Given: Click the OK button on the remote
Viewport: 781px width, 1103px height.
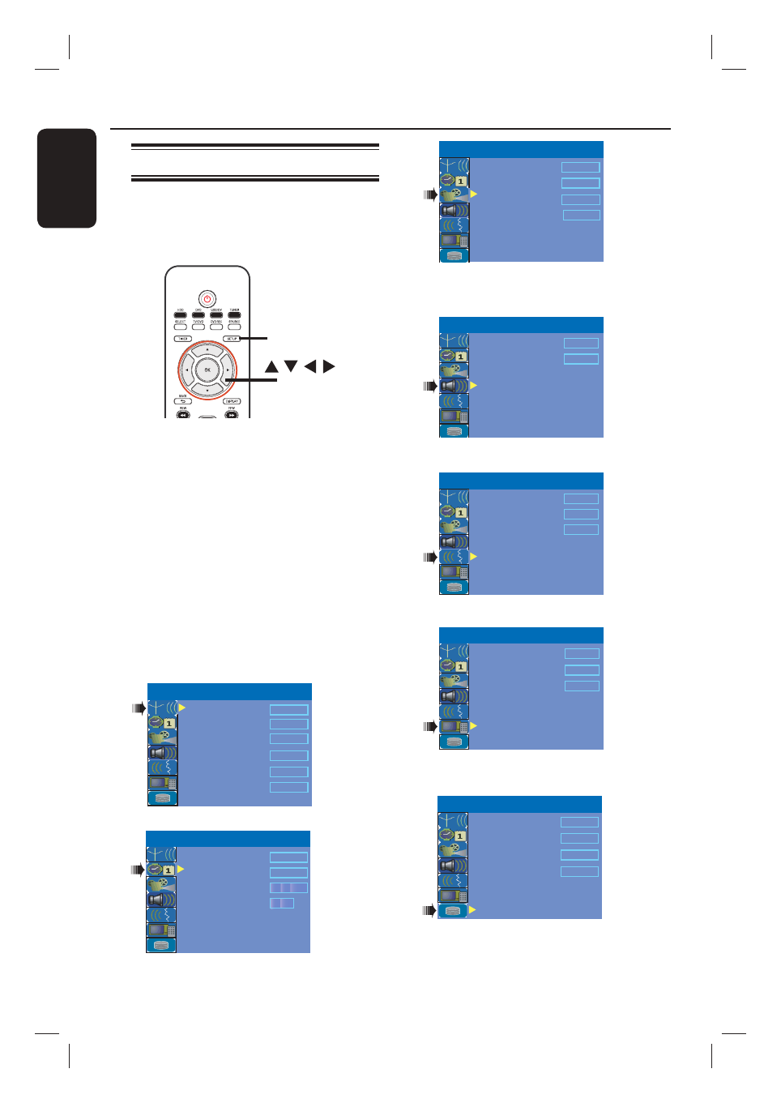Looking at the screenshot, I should (x=207, y=370).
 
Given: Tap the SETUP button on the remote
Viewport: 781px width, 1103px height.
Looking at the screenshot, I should (x=232, y=339).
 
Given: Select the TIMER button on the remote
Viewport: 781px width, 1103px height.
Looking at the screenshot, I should (x=182, y=339).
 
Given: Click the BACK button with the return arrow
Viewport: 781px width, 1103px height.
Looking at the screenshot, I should (x=182, y=401).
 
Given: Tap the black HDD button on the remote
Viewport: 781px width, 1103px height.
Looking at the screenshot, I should (x=180, y=314).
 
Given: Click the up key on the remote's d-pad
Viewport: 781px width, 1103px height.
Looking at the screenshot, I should (x=207, y=350).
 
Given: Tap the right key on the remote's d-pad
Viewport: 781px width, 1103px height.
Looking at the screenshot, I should (x=228, y=370).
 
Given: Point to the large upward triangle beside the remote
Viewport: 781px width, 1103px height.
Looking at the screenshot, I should (x=271, y=367).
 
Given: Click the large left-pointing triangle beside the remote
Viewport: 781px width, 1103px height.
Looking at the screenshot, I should (x=309, y=366).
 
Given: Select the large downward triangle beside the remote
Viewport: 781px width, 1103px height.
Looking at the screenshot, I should (x=291, y=366).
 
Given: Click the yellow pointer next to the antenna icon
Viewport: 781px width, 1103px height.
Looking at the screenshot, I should (x=182, y=708).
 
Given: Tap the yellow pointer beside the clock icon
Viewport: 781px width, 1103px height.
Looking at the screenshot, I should (x=181, y=869).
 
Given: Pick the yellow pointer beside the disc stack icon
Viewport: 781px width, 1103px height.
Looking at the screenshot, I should (x=472, y=910).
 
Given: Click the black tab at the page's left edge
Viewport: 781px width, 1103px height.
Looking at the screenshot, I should (x=67, y=178).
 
